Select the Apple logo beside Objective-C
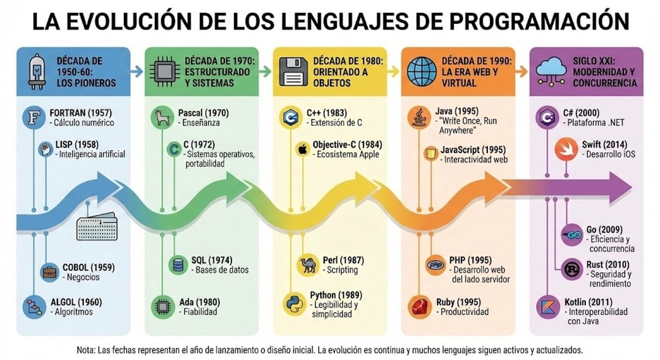tap(302, 150)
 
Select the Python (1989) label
tap(336, 295)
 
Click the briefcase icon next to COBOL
tap(49, 272)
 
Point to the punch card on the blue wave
tap(97, 226)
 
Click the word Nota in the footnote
tap(88, 350)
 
